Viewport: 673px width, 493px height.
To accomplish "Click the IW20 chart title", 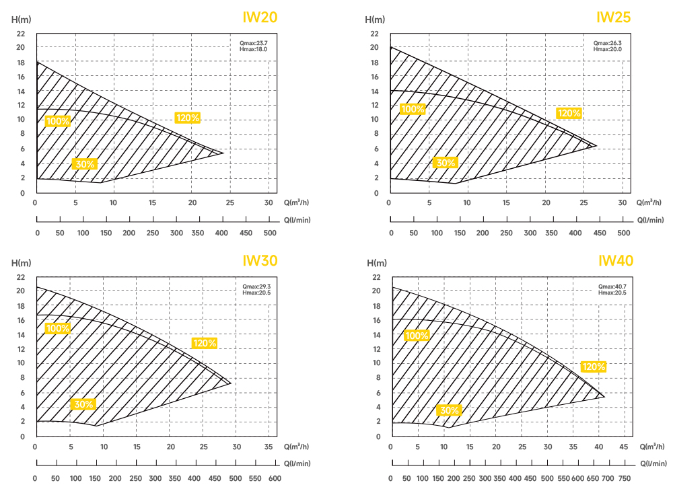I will pyautogui.click(x=260, y=17).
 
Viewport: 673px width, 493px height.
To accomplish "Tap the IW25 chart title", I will pyautogui.click(x=614, y=17).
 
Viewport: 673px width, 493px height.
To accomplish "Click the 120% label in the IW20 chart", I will pyautogui.click(x=188, y=118).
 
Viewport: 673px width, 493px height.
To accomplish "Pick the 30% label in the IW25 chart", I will pyautogui.click(x=446, y=163).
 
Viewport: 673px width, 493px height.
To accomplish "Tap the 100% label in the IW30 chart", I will pyautogui.click(x=57, y=328).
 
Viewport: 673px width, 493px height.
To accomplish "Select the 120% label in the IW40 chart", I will pyautogui.click(x=594, y=367).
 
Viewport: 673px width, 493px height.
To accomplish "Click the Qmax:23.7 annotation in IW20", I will pyautogui.click(x=254, y=43).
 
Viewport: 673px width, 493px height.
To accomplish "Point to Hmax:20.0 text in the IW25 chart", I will pyautogui.click(x=608, y=49).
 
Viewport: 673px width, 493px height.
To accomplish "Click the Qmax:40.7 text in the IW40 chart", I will pyautogui.click(x=611, y=287).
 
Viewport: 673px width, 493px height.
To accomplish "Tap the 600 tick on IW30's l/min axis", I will pyautogui.click(x=274, y=478).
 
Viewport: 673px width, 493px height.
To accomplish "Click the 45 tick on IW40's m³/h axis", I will pyautogui.click(x=625, y=447).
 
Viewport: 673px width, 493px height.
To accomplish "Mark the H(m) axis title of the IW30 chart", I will pyautogui.click(x=22, y=262).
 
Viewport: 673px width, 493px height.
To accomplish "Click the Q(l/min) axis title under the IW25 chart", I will pyautogui.click(x=650, y=220).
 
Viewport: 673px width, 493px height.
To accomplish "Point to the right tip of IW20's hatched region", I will pyautogui.click(x=223, y=153).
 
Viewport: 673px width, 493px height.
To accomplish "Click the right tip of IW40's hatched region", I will pyautogui.click(x=604, y=396).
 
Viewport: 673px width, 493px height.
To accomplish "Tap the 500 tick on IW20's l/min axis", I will pyautogui.click(x=269, y=233).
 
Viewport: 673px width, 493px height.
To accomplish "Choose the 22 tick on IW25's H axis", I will pyautogui.click(x=374, y=33).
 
